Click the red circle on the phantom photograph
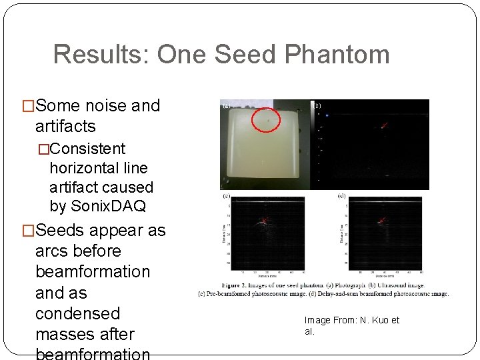tap(268, 121)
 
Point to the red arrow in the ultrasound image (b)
tap(383, 125)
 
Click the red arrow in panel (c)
tap(265, 220)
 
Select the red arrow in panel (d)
tap(382, 220)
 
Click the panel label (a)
tap(226, 105)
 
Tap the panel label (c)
tap(227, 197)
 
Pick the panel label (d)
tap(342, 197)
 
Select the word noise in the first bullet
tap(105, 105)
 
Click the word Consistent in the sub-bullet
tap(87, 148)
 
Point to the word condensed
tap(77, 313)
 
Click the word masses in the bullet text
tap(65, 334)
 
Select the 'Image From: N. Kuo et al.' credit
tap(351, 325)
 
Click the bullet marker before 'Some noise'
tap(28, 106)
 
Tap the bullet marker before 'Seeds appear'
tap(28, 231)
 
